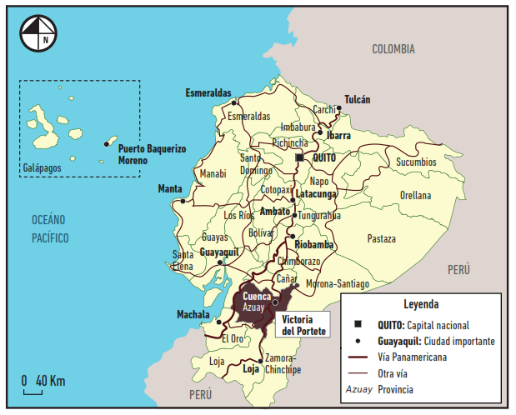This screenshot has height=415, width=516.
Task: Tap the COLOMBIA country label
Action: coord(393,49)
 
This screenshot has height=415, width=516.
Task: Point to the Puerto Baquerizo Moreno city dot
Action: coord(106,144)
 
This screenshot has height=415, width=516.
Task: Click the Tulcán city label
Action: coord(357,99)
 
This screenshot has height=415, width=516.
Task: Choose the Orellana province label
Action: coord(415,196)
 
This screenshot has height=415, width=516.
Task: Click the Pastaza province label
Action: coord(381,238)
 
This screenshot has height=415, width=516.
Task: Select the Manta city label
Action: coord(170,189)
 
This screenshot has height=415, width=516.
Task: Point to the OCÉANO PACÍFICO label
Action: coord(49,228)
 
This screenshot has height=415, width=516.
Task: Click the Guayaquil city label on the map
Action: coord(219,250)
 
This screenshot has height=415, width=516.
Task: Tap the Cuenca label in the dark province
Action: coord(256,295)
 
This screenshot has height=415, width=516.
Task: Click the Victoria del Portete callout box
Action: coord(304,325)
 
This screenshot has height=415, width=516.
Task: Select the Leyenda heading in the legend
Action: coord(420,304)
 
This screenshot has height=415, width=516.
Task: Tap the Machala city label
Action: coord(194,314)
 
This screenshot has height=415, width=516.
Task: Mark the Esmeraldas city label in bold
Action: coord(208,92)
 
